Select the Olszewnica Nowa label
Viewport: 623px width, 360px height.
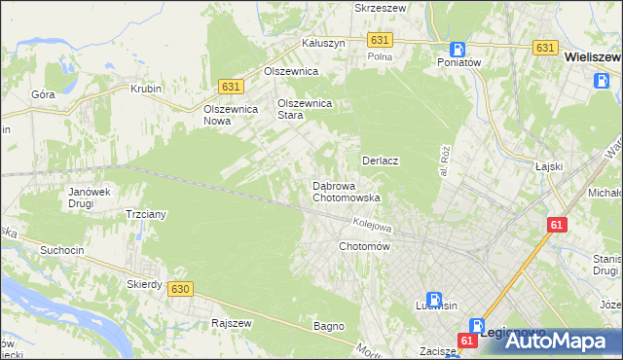[x=230, y=115]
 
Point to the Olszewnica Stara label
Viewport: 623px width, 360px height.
[x=305, y=108]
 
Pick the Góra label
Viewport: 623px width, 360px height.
[x=42, y=94]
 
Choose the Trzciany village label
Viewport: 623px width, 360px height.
[x=147, y=214]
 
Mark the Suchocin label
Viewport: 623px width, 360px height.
[x=61, y=250]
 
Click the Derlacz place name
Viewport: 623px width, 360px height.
[x=382, y=160]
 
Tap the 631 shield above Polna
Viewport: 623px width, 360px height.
[x=381, y=39]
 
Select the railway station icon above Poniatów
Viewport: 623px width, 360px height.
[x=458, y=49]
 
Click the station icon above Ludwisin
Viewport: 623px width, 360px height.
[x=437, y=302]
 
